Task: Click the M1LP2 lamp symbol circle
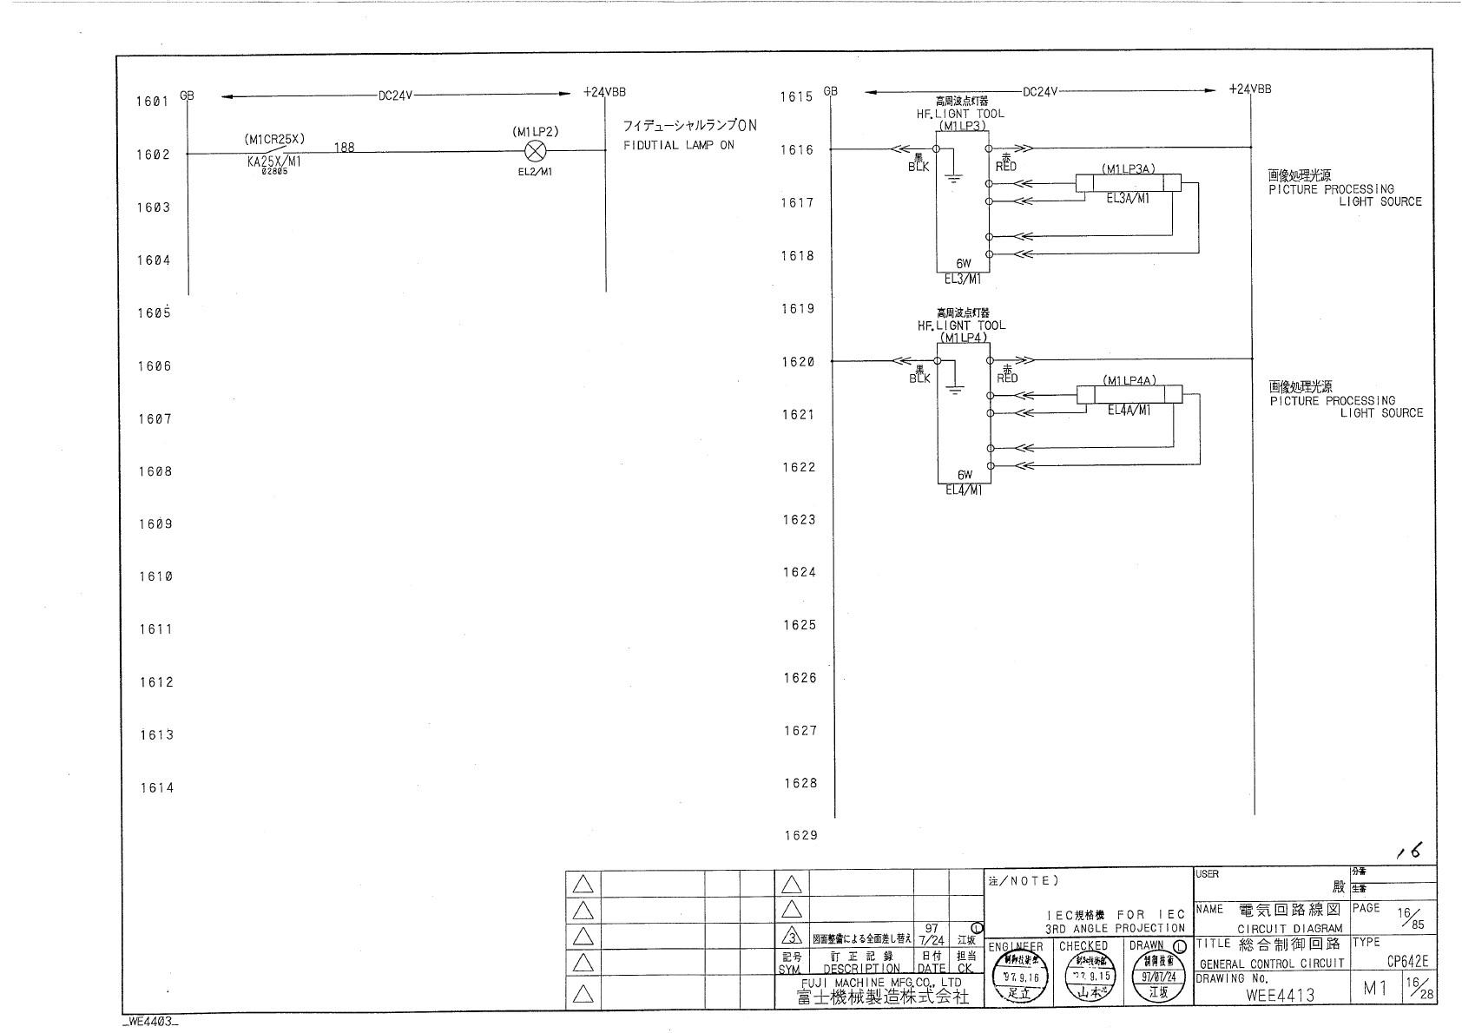(x=537, y=150)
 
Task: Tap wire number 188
(x=345, y=148)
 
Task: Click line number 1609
(x=155, y=524)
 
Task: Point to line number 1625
(x=800, y=625)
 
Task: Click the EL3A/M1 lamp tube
(x=1129, y=183)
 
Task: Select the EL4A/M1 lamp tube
(x=1129, y=395)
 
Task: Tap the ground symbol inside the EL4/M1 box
(x=954, y=390)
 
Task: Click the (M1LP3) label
(x=962, y=126)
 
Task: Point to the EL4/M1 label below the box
(x=964, y=490)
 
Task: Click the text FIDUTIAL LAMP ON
(x=678, y=146)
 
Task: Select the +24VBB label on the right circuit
(x=1250, y=89)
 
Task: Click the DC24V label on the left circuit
(x=395, y=96)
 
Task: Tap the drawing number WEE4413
(x=1280, y=996)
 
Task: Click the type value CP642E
(x=1406, y=962)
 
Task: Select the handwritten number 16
(x=1410, y=853)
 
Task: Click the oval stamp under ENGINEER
(x=1021, y=981)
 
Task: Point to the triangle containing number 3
(x=790, y=938)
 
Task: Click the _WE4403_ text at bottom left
(x=151, y=1023)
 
